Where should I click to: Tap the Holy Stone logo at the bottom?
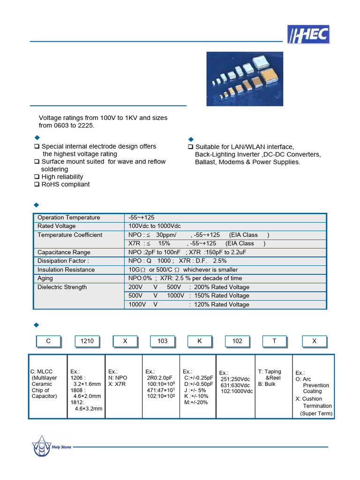pos(52,446)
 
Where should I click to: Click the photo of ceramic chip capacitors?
pos(245,78)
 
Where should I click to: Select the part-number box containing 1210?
pos(87,341)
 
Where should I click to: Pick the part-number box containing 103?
pos(162,341)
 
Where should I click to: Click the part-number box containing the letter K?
pos(200,341)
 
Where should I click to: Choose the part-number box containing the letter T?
pos(275,341)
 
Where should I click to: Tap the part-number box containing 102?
pos(237,341)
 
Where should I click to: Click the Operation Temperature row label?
pos(68,217)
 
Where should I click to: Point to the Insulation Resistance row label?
pos(66,270)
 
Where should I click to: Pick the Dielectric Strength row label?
pos(62,287)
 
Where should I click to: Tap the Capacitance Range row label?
pos(64,252)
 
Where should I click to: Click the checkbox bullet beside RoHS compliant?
pos(37,185)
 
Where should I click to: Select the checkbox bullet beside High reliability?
pos(37,177)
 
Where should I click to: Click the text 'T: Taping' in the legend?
pos(270,372)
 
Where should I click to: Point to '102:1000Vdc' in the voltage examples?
pos(237,391)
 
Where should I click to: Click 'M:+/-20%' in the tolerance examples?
pos(196,402)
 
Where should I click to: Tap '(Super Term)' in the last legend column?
pos(316,413)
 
